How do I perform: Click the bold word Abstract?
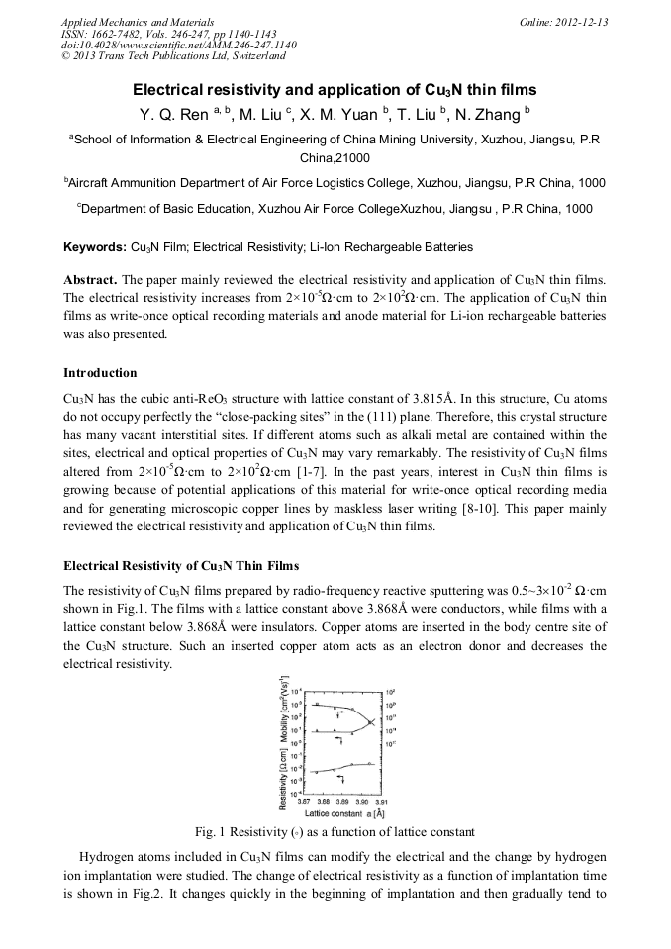point(91,279)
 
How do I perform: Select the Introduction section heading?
point(100,373)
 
